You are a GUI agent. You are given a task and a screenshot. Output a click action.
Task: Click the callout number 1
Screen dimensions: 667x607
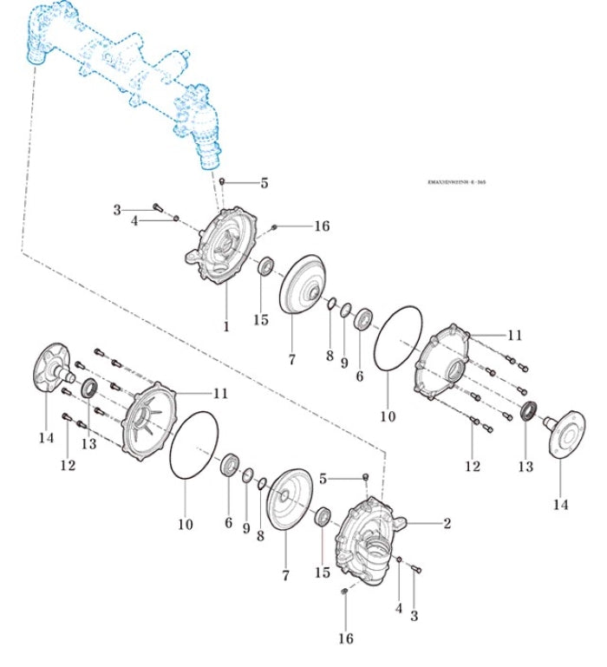[226, 327]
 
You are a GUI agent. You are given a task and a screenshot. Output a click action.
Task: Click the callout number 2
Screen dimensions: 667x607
[447, 523]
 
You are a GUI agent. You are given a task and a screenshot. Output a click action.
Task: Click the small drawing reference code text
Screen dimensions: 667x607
[456, 183]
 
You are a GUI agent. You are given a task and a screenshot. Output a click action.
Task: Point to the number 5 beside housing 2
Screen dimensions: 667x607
[323, 479]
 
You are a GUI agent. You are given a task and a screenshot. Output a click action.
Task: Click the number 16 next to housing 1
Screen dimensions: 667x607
[322, 226]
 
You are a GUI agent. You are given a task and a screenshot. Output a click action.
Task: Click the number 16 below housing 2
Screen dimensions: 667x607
[346, 638]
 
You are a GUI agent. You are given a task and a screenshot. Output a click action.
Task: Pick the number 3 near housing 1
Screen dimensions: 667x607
[117, 209]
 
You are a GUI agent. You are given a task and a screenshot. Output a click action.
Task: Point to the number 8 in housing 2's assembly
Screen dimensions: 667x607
[260, 535]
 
